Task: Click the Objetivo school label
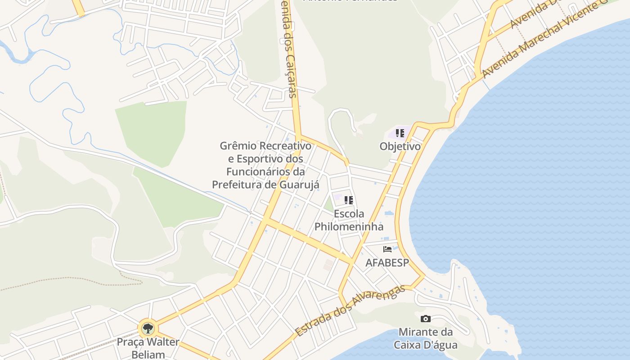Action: point(400,147)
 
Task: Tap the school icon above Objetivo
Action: point(400,133)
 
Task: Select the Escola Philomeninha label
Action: point(349,220)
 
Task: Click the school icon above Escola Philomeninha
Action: point(349,200)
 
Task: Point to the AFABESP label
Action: point(387,263)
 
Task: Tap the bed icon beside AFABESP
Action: point(387,249)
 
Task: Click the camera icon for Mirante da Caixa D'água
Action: point(425,319)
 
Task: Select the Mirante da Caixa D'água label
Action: point(425,339)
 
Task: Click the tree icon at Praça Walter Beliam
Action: point(148,328)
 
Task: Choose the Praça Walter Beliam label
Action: point(148,348)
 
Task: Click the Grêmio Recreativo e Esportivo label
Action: point(265,165)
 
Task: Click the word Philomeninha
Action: point(349,226)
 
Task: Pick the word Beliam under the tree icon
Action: point(148,355)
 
